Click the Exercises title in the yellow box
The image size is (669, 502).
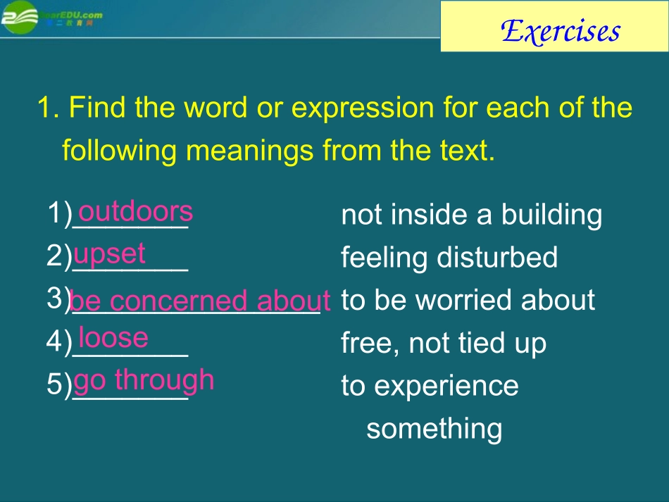pos(561,31)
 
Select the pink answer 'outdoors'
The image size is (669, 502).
pos(135,211)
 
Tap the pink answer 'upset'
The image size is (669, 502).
pos(109,253)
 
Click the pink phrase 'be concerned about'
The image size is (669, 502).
pos(200,301)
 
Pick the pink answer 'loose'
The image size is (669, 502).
pos(113,338)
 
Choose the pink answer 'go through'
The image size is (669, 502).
pos(144,380)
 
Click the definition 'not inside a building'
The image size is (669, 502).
pos(471,215)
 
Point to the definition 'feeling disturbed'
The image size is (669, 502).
pos(449,258)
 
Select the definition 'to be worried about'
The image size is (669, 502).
pos(468,301)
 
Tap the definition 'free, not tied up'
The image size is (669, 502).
pos(443,344)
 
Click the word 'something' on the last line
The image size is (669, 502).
pos(434,429)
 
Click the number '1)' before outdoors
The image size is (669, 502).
pos(59,213)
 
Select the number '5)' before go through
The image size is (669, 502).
pos(59,384)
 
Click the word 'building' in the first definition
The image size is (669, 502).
pos(551,215)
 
